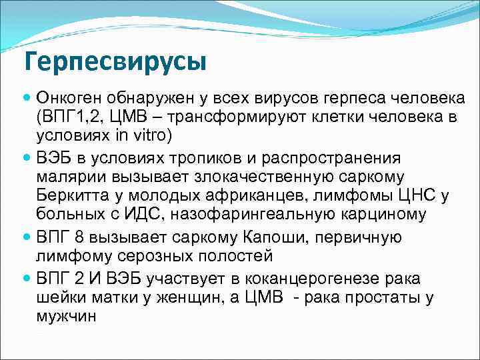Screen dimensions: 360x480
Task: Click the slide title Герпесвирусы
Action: click(115, 62)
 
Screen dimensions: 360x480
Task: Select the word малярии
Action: click(66, 177)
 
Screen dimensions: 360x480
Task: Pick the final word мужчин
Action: click(65, 317)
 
